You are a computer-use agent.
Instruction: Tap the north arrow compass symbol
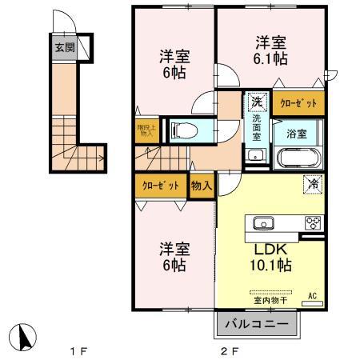25,336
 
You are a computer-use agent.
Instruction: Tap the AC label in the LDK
312,295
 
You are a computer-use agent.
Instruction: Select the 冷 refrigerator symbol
312,184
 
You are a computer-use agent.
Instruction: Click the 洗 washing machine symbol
256,102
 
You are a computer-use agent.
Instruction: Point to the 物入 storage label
202,186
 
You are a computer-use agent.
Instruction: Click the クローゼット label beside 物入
160,186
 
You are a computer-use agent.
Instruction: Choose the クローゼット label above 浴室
298,102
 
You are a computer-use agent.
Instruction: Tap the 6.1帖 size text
272,59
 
